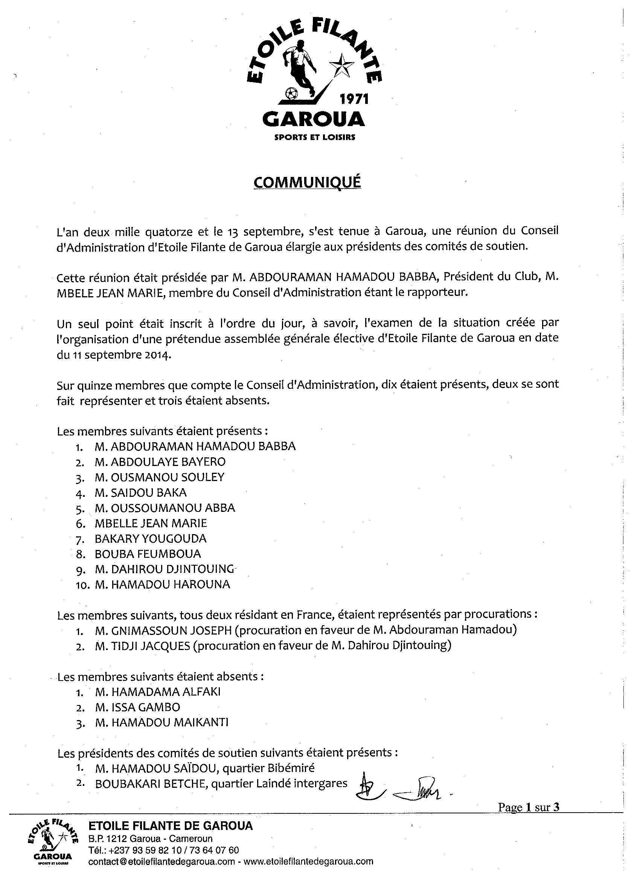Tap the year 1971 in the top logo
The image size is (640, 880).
click(354, 100)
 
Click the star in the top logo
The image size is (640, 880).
click(341, 65)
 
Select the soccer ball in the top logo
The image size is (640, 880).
click(291, 93)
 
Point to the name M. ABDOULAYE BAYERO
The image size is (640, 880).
click(160, 462)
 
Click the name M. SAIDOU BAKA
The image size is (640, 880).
click(140, 492)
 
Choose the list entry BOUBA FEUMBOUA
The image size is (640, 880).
click(148, 554)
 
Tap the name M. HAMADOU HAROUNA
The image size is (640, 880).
click(162, 584)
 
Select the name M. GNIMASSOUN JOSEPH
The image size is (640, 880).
click(163, 630)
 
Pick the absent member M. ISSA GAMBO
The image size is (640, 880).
click(137, 707)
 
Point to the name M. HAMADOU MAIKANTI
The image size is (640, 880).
click(162, 722)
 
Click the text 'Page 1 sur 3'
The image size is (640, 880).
click(529, 807)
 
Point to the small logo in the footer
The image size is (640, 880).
click(52, 838)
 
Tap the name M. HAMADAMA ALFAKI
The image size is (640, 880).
click(158, 692)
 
